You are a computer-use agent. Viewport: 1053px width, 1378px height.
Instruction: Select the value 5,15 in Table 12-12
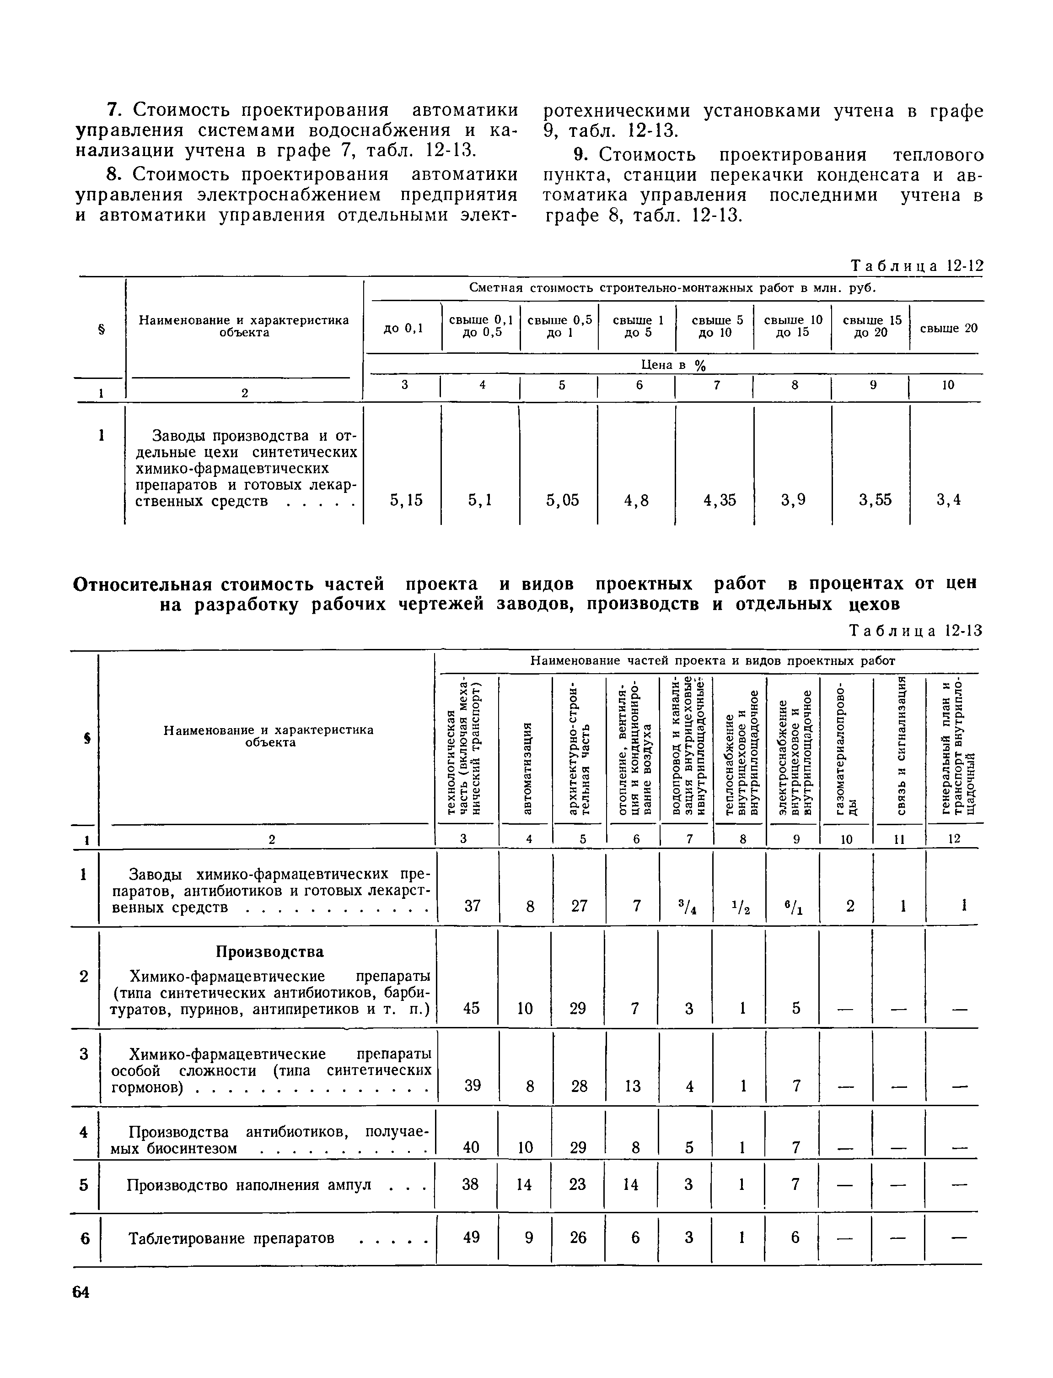[x=406, y=500]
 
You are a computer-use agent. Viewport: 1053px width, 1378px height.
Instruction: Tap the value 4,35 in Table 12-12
[x=720, y=500]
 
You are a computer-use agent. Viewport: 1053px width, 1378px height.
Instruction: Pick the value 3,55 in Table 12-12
[x=875, y=500]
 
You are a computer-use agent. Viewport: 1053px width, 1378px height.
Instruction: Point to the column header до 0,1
[x=403, y=328]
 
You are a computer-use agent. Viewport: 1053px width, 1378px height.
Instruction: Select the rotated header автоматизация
[x=527, y=768]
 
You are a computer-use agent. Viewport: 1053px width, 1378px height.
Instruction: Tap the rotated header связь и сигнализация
[x=900, y=746]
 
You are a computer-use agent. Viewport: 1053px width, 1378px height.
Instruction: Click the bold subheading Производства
[x=269, y=951]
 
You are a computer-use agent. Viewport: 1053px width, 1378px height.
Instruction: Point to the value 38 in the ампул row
[x=470, y=1183]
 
